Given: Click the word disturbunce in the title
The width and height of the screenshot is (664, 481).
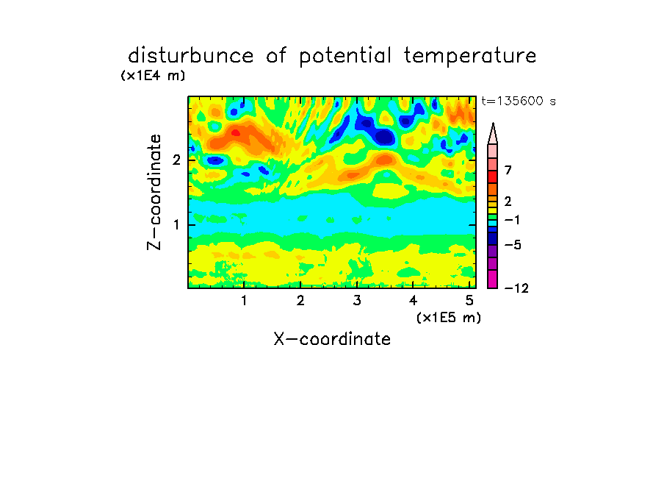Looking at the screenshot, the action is click(x=191, y=55).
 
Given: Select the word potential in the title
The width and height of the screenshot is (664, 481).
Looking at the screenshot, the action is click(x=345, y=56).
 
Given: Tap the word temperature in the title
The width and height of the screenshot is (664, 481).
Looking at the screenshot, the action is click(x=470, y=56).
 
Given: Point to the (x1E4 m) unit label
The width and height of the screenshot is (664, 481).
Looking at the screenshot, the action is click(x=153, y=76).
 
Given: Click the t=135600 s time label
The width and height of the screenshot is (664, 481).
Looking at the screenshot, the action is click(x=519, y=101).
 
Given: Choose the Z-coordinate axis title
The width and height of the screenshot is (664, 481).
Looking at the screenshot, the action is click(x=154, y=192).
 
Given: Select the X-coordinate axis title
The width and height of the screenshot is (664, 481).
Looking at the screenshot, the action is click(x=332, y=339).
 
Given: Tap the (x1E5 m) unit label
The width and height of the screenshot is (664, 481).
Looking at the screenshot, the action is click(x=449, y=318).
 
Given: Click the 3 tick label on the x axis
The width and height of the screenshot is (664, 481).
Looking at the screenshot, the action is click(x=357, y=301).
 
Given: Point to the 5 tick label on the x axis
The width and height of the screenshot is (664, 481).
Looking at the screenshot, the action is click(x=469, y=301).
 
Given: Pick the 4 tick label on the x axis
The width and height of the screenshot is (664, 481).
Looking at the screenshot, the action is click(x=413, y=301).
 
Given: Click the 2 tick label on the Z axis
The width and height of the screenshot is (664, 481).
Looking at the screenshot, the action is click(x=176, y=160).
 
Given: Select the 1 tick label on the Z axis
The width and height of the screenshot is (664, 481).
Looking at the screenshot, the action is click(x=176, y=225).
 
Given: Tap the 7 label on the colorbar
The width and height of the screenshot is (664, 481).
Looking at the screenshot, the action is click(x=508, y=171).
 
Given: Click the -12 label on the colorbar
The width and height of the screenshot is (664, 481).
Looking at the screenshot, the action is click(x=516, y=288).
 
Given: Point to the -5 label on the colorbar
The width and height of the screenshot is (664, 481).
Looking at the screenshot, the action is click(x=513, y=245).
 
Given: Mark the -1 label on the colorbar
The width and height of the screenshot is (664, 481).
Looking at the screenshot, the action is click(x=512, y=220).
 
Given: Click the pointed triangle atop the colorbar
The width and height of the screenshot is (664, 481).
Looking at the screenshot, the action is click(x=493, y=133).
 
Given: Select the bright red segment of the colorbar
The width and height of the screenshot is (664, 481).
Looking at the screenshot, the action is click(x=493, y=177).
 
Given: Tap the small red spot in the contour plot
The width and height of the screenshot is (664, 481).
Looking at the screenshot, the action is click(x=236, y=133).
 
